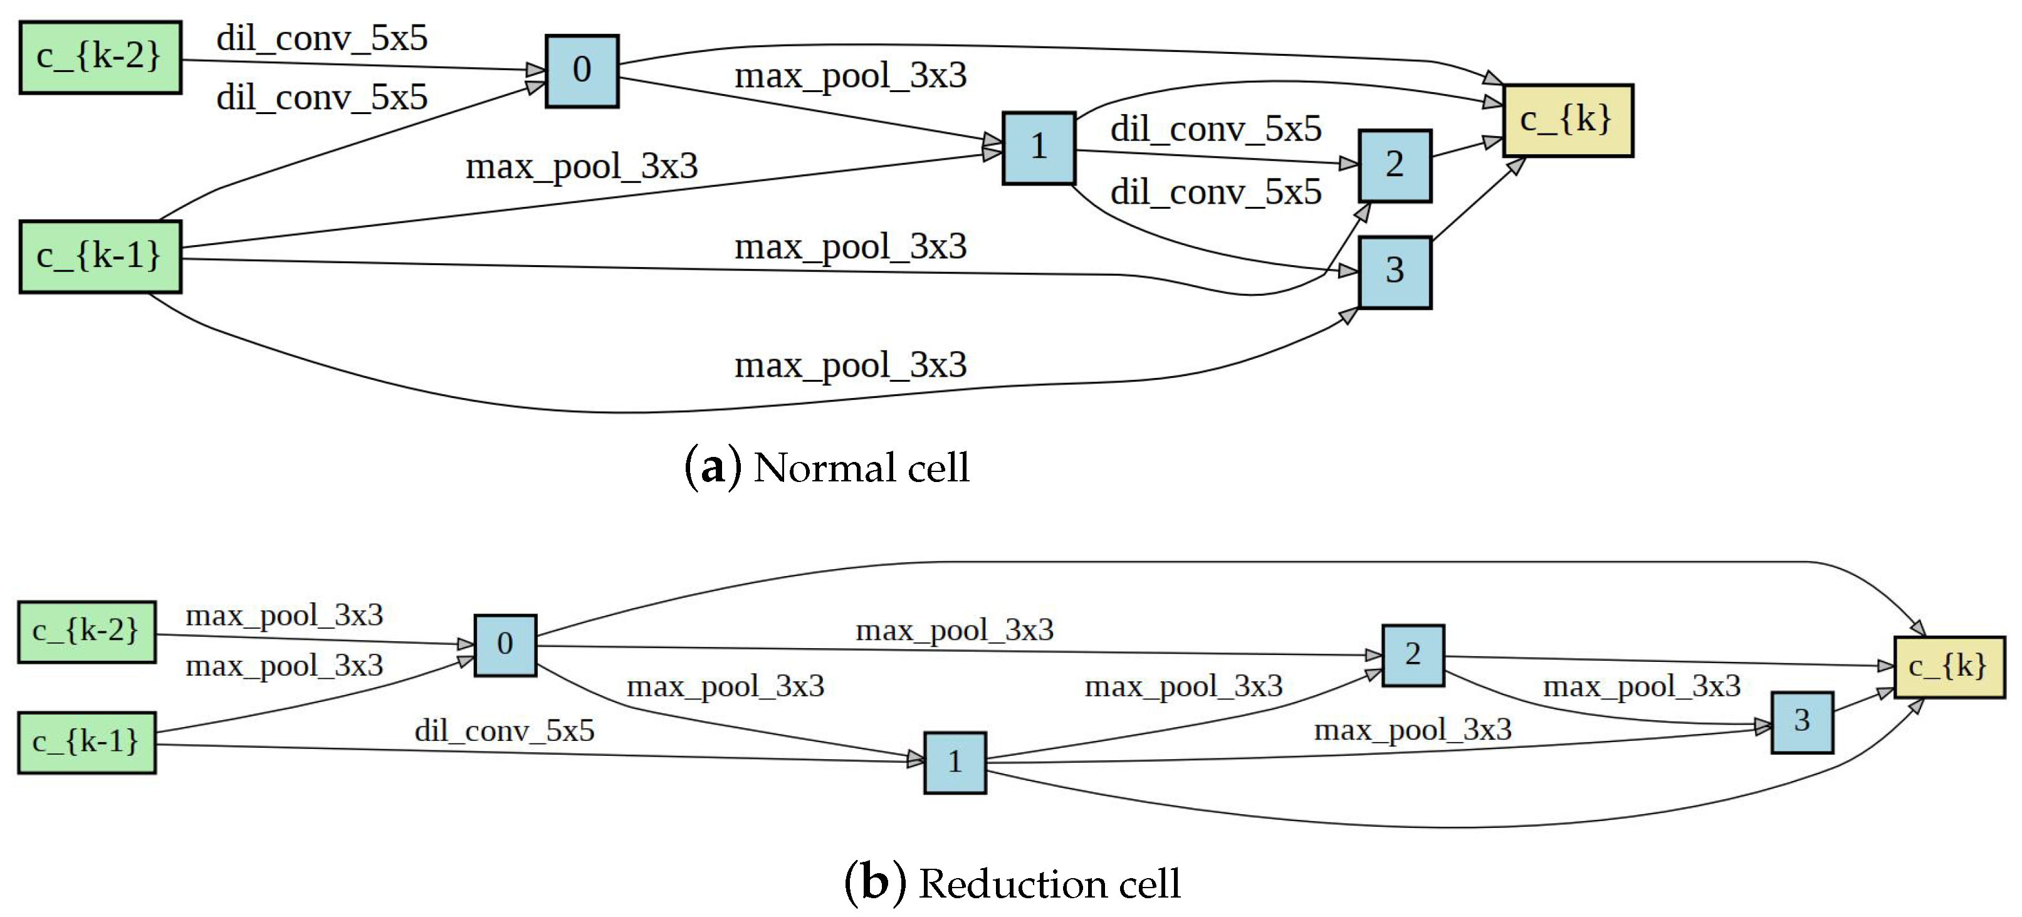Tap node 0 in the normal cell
(582, 71)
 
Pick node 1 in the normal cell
(1039, 147)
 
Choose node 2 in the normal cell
(1394, 165)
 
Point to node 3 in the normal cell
(1394, 271)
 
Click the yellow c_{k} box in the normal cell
(1568, 121)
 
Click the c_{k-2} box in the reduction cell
(86, 631)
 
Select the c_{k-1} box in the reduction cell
(86, 742)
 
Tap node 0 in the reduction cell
(505, 644)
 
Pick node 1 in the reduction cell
(955, 762)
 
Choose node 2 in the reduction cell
(1412, 655)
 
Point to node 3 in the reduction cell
(1801, 721)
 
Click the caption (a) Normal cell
(827, 468)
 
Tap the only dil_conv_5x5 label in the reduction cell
(504, 731)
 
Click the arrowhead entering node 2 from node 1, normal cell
(1349, 164)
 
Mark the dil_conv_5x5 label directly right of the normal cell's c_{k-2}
(322, 38)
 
